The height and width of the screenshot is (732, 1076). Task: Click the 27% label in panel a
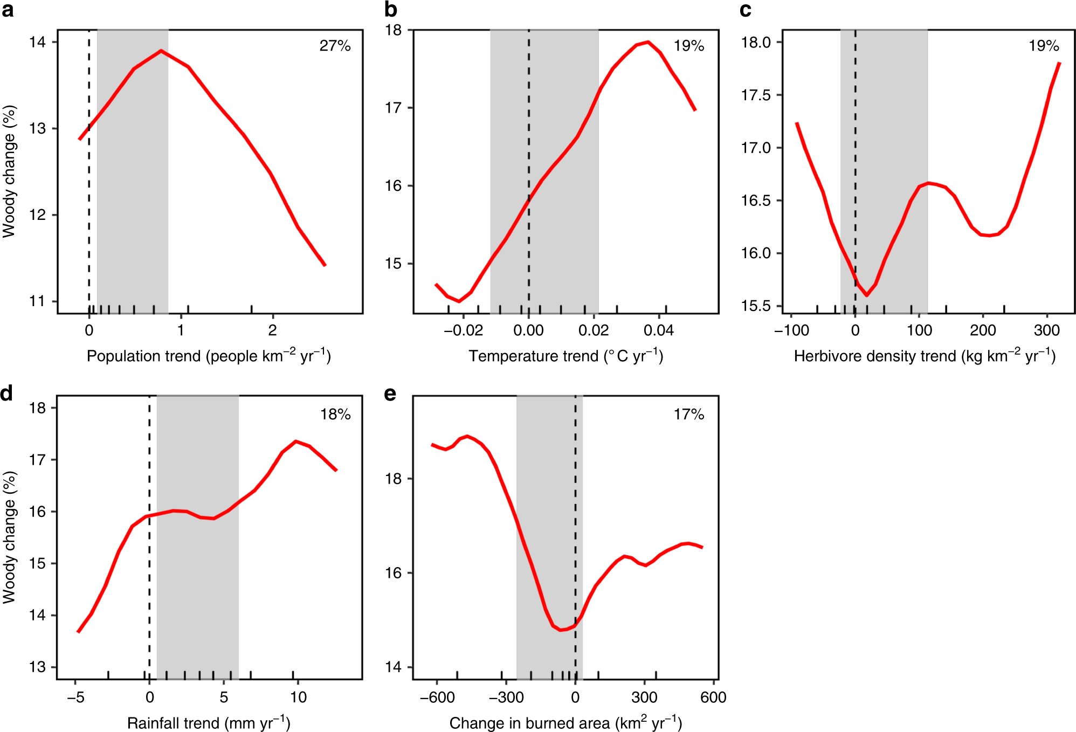pyautogui.click(x=335, y=46)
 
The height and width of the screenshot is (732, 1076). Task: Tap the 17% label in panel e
pyautogui.click(x=688, y=415)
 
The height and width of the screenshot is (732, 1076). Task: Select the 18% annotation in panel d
pyautogui.click(x=335, y=415)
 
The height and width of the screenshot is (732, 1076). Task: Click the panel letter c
pyautogui.click(x=746, y=10)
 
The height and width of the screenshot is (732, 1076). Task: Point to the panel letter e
pyautogui.click(x=390, y=394)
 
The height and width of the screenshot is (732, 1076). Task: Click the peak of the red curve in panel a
pyautogui.click(x=161, y=51)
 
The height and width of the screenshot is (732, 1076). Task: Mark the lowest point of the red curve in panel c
pyautogui.click(x=866, y=295)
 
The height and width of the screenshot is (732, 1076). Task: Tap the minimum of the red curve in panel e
pyautogui.click(x=561, y=630)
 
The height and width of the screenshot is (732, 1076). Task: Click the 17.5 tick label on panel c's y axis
pyautogui.click(x=756, y=95)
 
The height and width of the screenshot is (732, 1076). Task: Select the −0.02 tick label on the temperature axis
pyautogui.click(x=463, y=330)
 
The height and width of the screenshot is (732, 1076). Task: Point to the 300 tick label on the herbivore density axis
pyautogui.click(x=1046, y=330)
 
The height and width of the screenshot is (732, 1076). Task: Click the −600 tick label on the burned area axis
pyautogui.click(x=437, y=698)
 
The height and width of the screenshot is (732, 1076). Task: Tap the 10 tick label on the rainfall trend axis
pyautogui.click(x=298, y=698)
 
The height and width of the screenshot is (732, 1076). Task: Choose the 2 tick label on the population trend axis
pyautogui.click(x=272, y=330)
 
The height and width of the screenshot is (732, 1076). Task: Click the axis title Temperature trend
pyautogui.click(x=565, y=356)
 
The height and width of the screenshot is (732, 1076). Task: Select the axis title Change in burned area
pyautogui.click(x=565, y=723)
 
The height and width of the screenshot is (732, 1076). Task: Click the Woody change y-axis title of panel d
pyautogui.click(x=9, y=537)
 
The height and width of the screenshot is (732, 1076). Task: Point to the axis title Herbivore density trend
pyautogui.click(x=924, y=356)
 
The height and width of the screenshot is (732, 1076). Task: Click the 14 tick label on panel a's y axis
pyautogui.click(x=38, y=42)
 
